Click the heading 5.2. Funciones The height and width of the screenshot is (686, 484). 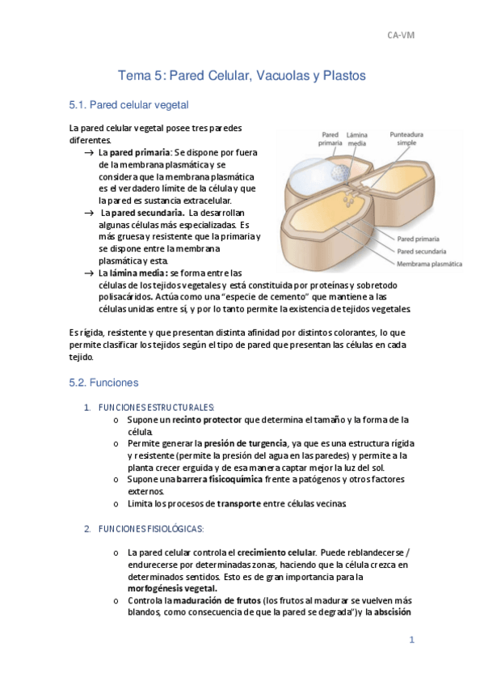pos(104,382)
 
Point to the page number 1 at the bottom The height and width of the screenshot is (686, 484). pos(411,640)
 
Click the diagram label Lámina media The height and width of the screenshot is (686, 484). pos(357,139)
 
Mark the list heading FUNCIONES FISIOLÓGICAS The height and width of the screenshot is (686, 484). pos(150,528)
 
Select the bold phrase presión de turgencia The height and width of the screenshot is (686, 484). pos(245,443)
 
